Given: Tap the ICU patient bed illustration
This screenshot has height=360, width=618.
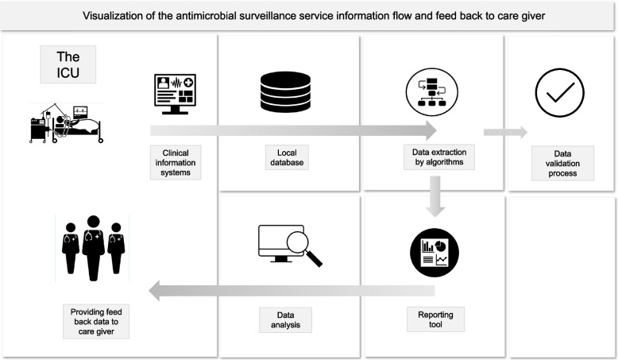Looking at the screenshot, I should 67,123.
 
